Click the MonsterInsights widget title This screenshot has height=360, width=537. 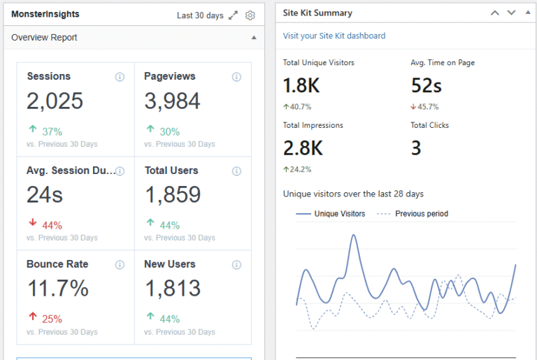point(45,14)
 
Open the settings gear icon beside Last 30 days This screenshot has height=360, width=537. point(250,15)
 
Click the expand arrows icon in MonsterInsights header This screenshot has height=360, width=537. point(234,15)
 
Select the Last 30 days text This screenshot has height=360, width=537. point(200,15)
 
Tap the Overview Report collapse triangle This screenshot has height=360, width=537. point(254,38)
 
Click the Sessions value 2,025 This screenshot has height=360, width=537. point(55,101)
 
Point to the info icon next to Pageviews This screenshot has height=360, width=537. point(236,77)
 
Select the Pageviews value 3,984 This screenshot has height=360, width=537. point(172,101)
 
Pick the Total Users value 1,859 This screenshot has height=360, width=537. point(172,195)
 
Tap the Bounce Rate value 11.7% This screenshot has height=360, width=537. point(57,289)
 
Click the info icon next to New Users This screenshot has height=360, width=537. point(236,264)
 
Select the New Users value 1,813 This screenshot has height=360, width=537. point(172,289)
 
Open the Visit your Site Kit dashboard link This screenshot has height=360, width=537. point(334,36)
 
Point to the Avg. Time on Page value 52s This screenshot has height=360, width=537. point(426,86)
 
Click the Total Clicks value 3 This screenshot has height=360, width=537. point(416,148)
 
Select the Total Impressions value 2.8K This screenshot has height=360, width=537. point(303,148)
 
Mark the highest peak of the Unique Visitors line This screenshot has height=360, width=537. point(354,235)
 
